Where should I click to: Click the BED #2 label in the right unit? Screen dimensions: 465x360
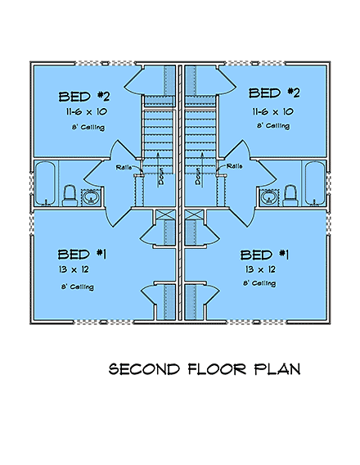[277, 93]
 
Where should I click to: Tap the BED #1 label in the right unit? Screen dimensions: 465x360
[268, 253]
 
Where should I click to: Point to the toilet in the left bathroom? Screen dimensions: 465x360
[70, 195]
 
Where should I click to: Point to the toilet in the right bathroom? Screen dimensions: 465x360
[290, 194]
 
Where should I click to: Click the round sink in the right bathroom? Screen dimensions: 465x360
[268, 196]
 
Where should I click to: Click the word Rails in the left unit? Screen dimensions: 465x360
[125, 166]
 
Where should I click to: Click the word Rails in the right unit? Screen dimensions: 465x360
[235, 166]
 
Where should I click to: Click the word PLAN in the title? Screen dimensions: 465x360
[277, 369]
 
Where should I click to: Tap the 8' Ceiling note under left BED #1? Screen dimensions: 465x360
[78, 287]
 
